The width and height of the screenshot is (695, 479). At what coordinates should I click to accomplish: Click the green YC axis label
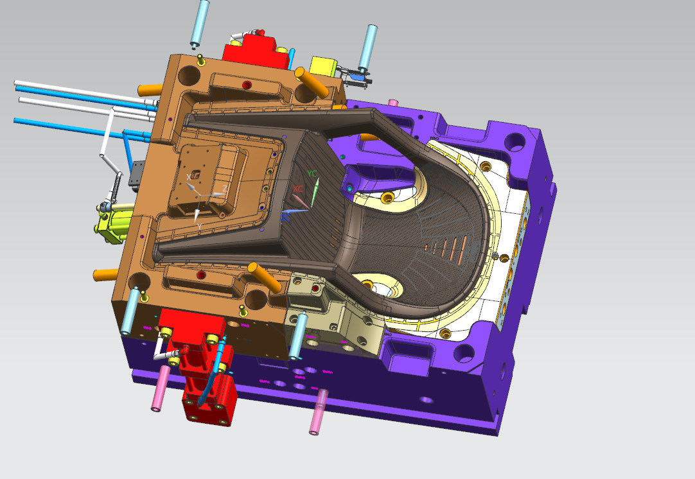click(312, 174)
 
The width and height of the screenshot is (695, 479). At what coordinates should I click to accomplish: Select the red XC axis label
click(298, 189)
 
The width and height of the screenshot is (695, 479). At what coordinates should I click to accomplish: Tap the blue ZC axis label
click(285, 218)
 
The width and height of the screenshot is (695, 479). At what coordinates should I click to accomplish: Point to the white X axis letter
click(189, 177)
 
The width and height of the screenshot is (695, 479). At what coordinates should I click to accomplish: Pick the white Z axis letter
click(224, 188)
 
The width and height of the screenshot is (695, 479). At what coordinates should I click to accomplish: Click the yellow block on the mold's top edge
click(323, 66)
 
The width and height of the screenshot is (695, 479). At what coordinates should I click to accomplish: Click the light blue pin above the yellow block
click(367, 45)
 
